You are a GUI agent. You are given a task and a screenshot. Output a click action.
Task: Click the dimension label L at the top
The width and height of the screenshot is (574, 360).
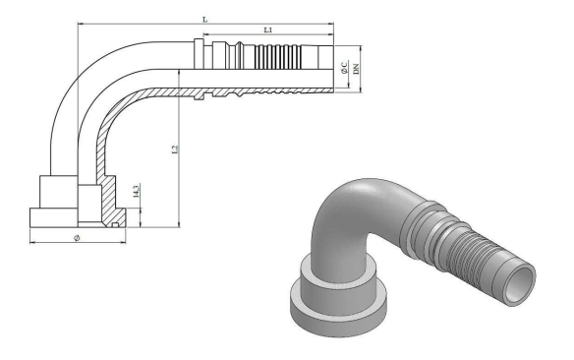(x=205, y=20)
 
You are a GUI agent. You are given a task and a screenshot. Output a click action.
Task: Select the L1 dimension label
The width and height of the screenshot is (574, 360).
(x=268, y=30)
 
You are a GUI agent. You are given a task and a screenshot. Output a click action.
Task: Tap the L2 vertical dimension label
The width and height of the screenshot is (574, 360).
(x=175, y=150)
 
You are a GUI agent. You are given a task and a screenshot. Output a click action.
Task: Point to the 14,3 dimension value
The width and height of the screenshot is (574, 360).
(x=136, y=192)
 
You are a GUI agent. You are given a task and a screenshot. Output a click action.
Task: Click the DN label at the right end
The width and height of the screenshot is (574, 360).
(x=356, y=69)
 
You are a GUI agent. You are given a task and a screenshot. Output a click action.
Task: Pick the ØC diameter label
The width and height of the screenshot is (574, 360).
(x=344, y=68)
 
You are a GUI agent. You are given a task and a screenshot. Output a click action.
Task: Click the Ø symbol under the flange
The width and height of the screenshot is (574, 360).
(x=77, y=238)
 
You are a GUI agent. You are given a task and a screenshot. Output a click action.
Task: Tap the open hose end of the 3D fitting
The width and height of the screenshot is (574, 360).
(x=520, y=284)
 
